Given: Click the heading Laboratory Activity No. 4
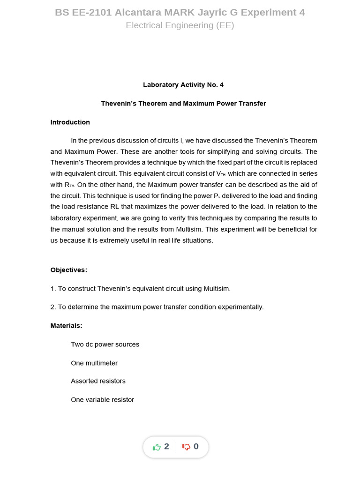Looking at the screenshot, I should (183, 85).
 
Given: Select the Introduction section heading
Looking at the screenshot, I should (70, 122).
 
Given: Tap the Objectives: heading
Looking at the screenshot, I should (68, 270).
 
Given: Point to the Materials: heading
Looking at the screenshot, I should (66, 325).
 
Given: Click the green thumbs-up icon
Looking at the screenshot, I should (157, 447).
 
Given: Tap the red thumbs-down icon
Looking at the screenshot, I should (186, 447).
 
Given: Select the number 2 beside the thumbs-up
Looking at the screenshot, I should (166, 447).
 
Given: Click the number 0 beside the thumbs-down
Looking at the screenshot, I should (196, 447).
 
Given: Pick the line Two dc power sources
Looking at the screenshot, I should (105, 345).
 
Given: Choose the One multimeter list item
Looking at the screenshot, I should (94, 363).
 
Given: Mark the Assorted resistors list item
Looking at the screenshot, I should (98, 381).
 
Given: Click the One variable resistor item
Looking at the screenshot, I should (102, 400).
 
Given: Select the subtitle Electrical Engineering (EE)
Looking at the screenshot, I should (180, 25).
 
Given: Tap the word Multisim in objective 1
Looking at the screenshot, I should (217, 289).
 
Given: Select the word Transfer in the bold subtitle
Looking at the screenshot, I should (252, 104).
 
